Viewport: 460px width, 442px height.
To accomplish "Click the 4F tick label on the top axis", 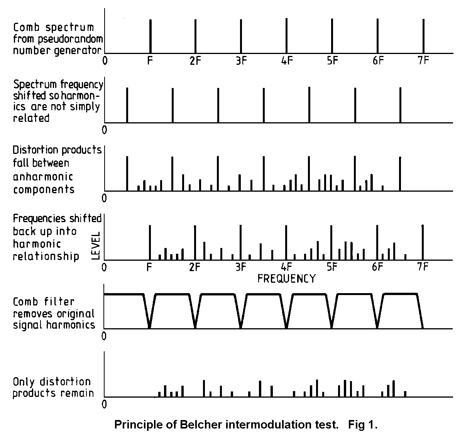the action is (287, 61).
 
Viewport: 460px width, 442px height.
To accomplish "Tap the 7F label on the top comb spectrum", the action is (423, 61).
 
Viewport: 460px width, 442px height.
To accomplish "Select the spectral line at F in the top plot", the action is (150, 36).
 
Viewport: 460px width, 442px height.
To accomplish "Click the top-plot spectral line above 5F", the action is (332, 36).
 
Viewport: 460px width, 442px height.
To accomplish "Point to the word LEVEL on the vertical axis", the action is (96, 246).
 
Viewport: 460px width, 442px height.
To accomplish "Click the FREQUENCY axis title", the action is (286, 278).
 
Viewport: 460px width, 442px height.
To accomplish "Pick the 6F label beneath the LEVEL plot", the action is (377, 267).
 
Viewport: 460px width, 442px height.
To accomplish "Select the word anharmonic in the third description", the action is (43, 177).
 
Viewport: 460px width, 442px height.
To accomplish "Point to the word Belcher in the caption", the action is (198, 424).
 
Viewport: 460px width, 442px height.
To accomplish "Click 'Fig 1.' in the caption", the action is (363, 424).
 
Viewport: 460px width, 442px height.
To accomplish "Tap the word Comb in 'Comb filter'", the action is (25, 302).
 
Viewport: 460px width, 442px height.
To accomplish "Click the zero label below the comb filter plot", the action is (104, 336).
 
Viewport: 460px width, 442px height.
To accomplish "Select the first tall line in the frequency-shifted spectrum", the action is (127, 105).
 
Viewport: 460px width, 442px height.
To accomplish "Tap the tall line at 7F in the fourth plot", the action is (423, 242).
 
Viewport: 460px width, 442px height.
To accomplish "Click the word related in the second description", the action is (31, 118).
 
